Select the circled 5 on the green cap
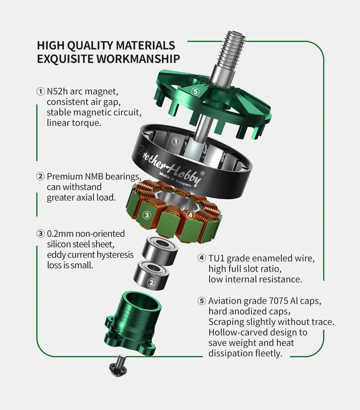coord(195,91)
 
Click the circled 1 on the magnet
coord(176,141)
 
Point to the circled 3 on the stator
coord(146,215)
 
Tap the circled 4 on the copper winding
coord(190,215)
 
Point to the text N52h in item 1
coord(57,91)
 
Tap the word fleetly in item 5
coord(269,353)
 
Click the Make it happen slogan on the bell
coord(175,180)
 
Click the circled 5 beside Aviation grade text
coord(202,301)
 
